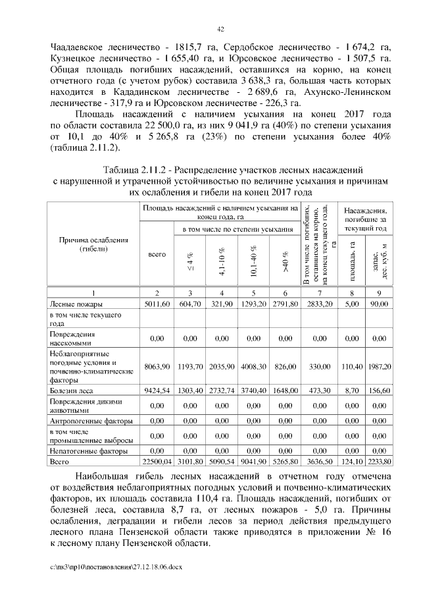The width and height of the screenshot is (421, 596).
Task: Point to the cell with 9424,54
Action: (x=157, y=391)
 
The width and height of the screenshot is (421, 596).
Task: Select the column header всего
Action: (x=157, y=254)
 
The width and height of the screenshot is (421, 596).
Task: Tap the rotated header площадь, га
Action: (x=354, y=257)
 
